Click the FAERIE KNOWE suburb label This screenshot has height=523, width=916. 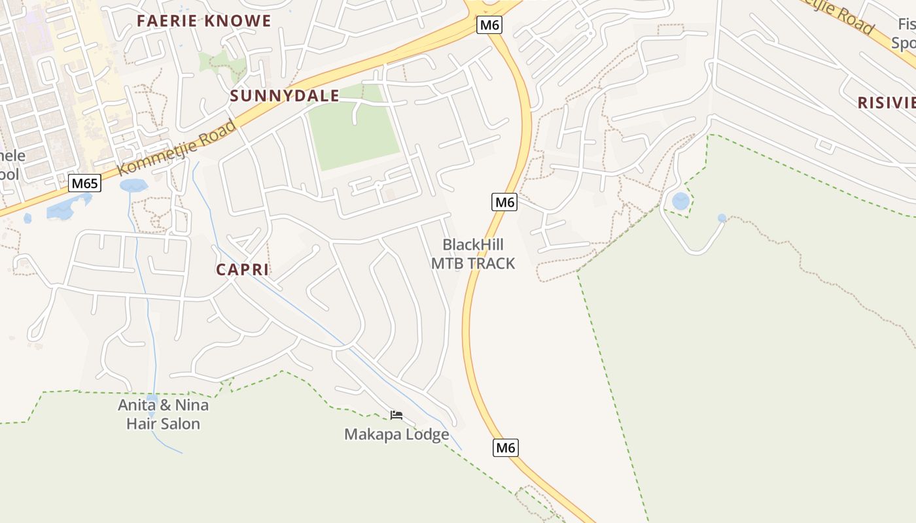203,20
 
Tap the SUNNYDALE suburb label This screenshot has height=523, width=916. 284,96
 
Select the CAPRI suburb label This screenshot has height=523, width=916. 243,269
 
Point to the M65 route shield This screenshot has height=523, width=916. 85,183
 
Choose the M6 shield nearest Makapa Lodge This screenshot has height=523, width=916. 506,448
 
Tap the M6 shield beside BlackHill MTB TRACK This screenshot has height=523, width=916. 504,202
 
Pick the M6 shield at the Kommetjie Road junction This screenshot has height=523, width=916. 489,25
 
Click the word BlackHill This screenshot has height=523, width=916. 473,245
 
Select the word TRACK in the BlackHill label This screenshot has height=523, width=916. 493,263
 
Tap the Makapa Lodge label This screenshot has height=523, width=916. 396,434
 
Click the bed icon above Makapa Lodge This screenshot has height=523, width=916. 396,414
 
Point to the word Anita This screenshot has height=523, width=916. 137,405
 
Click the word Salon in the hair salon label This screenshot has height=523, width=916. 182,424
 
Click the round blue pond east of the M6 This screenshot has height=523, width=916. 681,201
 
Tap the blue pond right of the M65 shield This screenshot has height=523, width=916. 133,186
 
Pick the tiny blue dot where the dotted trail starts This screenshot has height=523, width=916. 722,218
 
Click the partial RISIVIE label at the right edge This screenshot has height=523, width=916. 886,102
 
